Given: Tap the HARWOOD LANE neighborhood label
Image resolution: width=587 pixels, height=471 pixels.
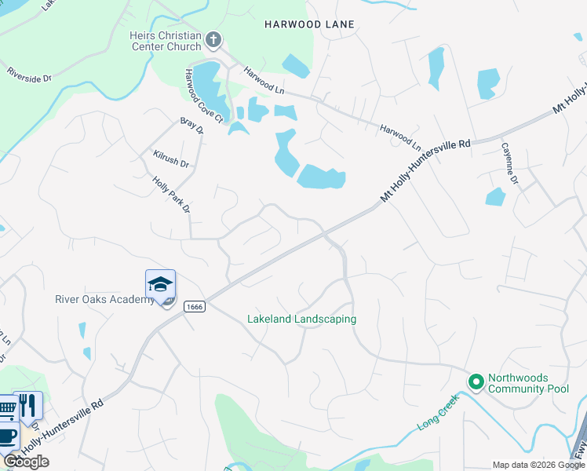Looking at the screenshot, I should click(x=309, y=24).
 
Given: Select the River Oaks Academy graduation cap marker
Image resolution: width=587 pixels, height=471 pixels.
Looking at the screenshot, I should click(x=160, y=284).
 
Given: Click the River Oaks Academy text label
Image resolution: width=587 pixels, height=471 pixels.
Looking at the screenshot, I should click(x=105, y=299).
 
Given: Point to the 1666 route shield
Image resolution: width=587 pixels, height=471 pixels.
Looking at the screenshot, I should click(x=195, y=306).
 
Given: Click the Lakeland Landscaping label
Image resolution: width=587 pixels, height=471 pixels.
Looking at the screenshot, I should click(x=301, y=319).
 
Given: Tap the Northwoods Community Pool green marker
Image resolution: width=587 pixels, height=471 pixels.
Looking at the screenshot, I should click(x=475, y=382).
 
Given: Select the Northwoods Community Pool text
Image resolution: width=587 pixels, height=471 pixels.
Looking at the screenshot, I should click(x=529, y=383).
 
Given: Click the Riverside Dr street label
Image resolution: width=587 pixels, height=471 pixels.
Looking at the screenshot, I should click(x=29, y=75).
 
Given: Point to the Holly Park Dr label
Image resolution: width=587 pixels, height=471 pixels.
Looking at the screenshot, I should click(x=172, y=195).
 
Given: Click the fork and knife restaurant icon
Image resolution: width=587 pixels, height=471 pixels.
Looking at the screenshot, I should click(x=28, y=406).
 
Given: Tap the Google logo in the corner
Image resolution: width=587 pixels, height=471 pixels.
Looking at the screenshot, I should click(x=26, y=462).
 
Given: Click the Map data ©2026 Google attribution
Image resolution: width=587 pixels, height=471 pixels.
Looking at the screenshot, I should click(x=539, y=465).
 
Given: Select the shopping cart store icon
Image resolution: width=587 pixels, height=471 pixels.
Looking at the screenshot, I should click(x=6, y=408).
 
